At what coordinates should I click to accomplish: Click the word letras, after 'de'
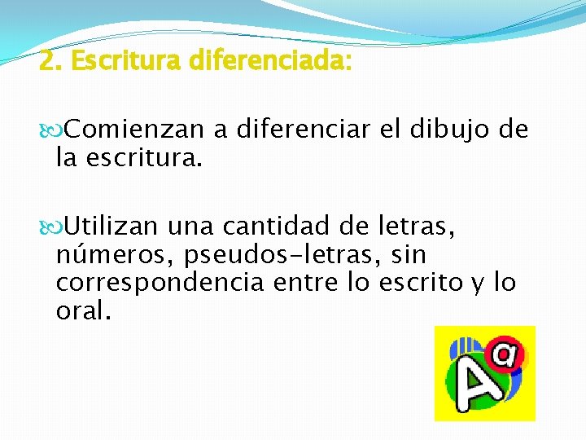[x=418, y=225]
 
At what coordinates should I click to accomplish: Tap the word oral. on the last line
[x=82, y=311]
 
